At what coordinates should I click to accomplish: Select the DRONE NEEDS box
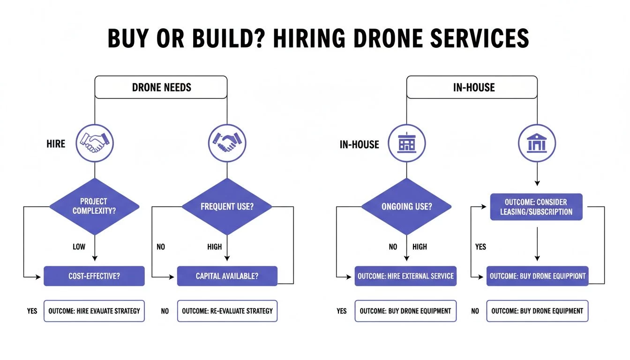161,87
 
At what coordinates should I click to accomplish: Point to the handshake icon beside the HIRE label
95,143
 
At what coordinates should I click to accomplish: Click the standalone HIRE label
56,144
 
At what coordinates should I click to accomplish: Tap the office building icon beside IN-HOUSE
406,143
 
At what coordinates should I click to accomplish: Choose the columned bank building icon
537,143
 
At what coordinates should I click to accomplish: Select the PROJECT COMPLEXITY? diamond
95,207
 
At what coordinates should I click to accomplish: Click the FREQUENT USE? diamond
227,207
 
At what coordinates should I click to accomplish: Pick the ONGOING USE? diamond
405,207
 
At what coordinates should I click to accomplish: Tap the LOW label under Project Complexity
79,247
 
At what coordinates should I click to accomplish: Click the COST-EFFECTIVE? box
94,276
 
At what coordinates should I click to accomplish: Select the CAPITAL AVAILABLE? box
227,276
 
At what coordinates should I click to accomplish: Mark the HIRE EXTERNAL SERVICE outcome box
405,276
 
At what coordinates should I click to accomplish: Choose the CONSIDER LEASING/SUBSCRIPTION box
536,207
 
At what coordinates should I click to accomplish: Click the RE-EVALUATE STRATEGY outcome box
227,311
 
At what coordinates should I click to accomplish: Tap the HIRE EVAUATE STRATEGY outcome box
94,311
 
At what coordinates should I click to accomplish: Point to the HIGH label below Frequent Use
215,247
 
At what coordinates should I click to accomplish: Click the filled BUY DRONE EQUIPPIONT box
537,276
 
